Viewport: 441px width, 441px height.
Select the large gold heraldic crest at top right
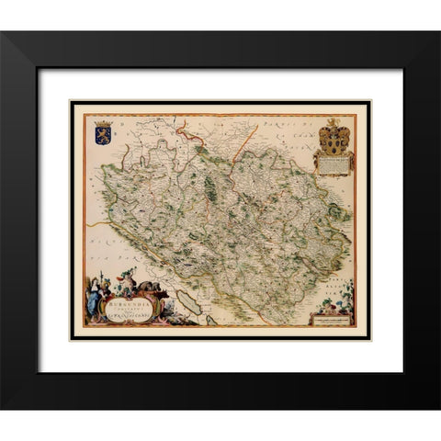[x=333, y=138]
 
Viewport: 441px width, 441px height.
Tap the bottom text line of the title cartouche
[x=130, y=317]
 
